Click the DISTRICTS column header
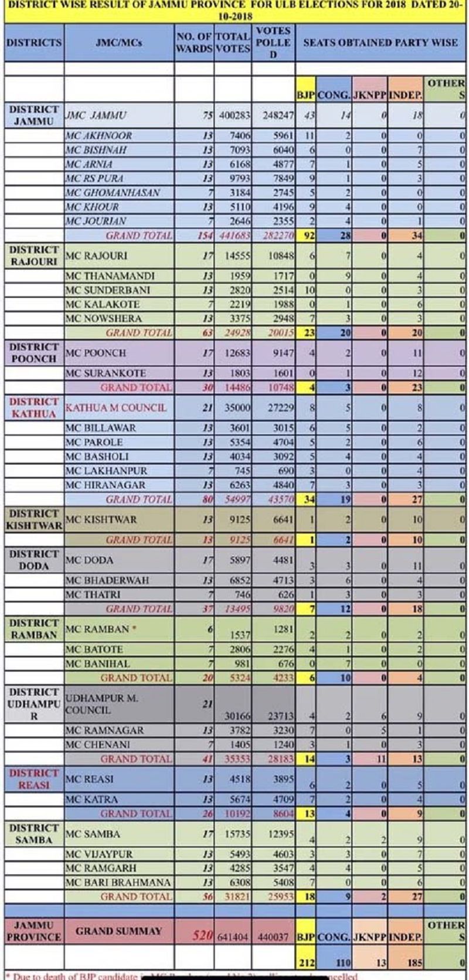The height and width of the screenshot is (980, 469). (33, 42)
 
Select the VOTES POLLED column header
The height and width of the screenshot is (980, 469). (273, 42)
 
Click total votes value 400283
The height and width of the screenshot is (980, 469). (234, 116)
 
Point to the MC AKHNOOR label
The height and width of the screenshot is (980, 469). (99, 136)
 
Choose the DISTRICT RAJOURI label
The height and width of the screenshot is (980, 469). (33, 256)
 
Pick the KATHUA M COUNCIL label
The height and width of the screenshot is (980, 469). (115, 408)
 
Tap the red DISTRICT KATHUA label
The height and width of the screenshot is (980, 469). (33, 407)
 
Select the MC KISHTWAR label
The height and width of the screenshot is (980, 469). (101, 519)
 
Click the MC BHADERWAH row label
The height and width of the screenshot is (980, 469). (107, 580)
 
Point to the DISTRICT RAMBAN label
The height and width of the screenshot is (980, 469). (33, 628)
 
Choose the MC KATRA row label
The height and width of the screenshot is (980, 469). (92, 799)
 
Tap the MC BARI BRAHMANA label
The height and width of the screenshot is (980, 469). (118, 883)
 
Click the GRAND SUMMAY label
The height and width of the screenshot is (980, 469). (118, 931)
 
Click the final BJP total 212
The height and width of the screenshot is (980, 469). (305, 962)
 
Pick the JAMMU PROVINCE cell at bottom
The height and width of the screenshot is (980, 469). (33, 931)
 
